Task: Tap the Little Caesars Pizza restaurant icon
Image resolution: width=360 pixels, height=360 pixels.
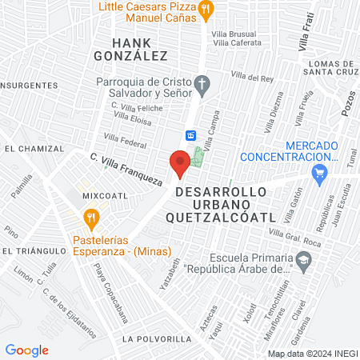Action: tap(206, 10)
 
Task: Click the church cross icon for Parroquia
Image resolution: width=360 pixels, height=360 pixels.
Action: tap(203, 82)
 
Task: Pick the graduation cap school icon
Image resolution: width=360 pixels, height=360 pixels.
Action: tap(303, 260)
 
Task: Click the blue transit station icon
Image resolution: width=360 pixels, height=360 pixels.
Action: tap(190, 135)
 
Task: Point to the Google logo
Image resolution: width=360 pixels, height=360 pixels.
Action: tap(27, 350)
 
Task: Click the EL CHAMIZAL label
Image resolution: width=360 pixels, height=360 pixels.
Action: tap(33, 149)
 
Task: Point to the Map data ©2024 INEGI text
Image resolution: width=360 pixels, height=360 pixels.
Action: tap(311, 353)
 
